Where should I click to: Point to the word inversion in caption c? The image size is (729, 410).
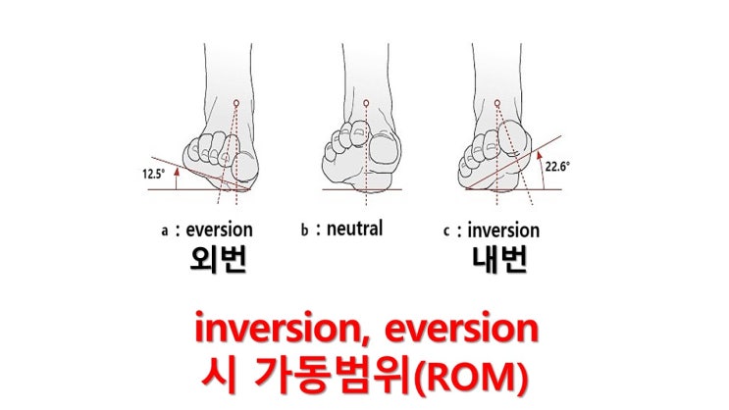click(503, 231)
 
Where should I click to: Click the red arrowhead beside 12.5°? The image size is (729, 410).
click(175, 169)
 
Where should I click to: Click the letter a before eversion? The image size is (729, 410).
click(165, 231)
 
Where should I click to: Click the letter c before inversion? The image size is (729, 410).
click(448, 231)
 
